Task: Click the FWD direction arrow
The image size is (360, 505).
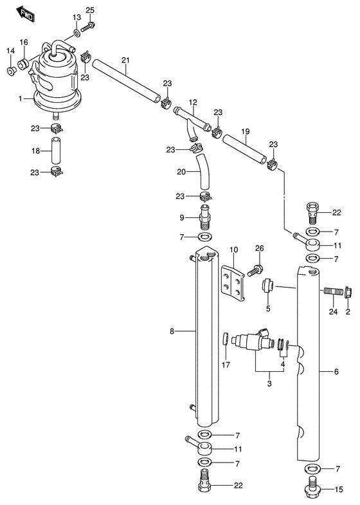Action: [25, 14]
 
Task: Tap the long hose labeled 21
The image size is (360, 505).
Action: [126, 80]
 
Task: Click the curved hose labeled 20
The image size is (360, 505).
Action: [203, 172]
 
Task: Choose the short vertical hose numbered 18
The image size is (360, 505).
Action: [57, 151]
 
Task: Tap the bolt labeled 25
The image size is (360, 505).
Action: [87, 27]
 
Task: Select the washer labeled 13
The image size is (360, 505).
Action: [77, 33]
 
